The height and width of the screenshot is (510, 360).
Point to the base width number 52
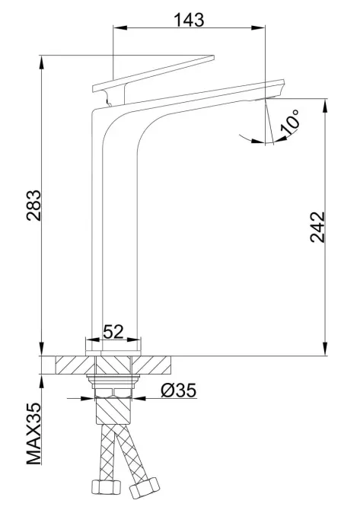point(113,333)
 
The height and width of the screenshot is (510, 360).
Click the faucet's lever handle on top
point(152,73)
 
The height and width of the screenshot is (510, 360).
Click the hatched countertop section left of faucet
point(72,364)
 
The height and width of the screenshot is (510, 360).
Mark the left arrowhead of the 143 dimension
point(116,29)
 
